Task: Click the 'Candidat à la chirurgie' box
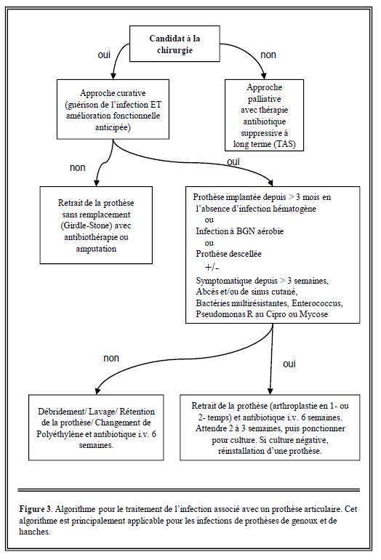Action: point(175,44)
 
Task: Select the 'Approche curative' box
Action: point(113,109)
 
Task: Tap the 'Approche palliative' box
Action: point(264,116)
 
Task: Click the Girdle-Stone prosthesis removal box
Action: point(96,225)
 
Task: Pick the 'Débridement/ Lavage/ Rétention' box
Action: point(96,428)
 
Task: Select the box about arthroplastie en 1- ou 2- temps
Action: point(270,428)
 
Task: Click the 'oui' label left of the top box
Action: point(104,55)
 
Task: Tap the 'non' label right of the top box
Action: point(268,55)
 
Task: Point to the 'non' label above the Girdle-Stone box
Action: point(78,168)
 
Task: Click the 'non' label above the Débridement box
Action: point(111,359)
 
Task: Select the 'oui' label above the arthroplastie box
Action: point(289,364)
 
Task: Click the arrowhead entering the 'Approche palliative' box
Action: point(263,76)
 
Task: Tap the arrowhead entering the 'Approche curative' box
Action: point(113,76)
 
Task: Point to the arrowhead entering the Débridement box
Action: point(97,391)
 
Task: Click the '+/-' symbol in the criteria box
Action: point(212,268)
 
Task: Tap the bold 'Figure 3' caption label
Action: point(36,509)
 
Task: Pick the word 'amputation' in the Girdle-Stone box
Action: point(96,249)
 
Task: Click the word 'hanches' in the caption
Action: point(34,532)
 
